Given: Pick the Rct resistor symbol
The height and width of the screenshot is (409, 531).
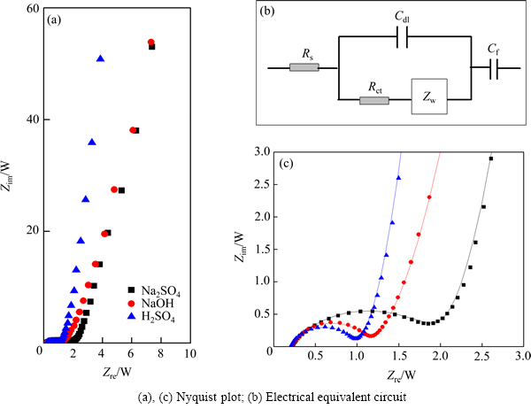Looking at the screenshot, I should tap(374, 100).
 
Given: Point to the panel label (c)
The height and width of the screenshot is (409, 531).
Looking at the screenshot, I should tap(286, 165).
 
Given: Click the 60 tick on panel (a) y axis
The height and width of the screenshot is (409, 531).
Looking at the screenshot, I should tap(32, 9).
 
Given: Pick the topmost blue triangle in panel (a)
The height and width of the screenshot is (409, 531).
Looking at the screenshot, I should tap(101, 58).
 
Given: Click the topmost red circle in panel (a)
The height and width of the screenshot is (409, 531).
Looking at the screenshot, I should tap(151, 42).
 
